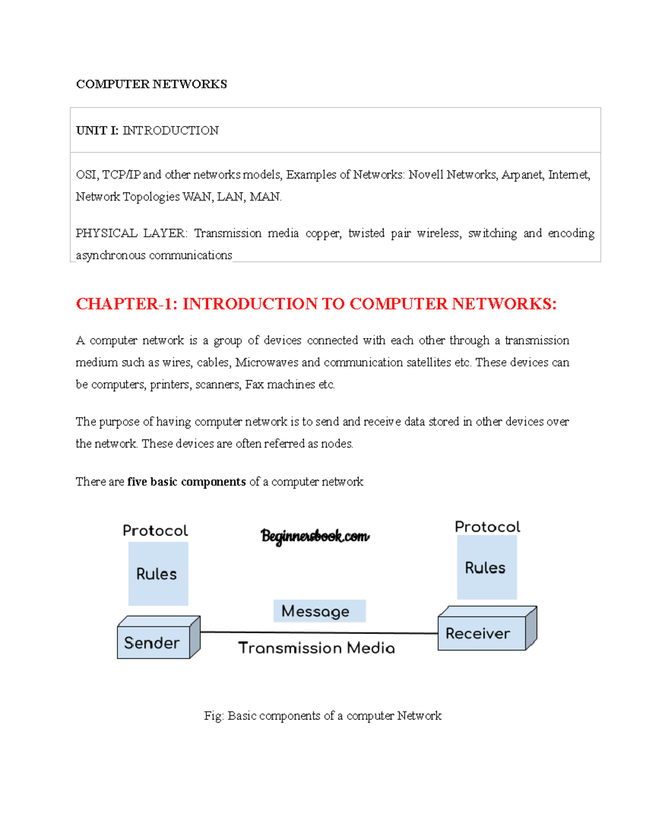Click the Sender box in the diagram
[153, 642]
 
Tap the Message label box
[319, 611]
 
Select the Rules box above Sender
[158, 574]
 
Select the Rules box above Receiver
[487, 567]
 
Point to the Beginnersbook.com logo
[315, 536]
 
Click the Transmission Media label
[317, 648]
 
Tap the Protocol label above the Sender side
[155, 531]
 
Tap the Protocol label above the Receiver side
[488, 526]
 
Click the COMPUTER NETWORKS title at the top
[151, 84]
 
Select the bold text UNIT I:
[97, 130]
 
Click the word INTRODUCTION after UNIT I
[171, 130]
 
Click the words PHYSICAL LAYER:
[131, 233]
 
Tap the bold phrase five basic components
[186, 482]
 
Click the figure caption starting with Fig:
[322, 715]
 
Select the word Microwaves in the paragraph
[266, 362]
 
